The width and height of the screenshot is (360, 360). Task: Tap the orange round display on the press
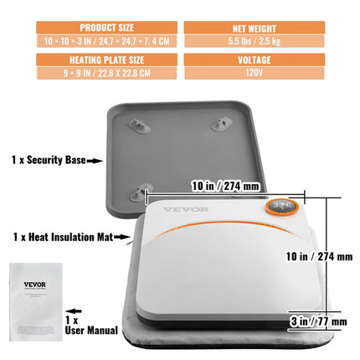pos(280,208)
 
